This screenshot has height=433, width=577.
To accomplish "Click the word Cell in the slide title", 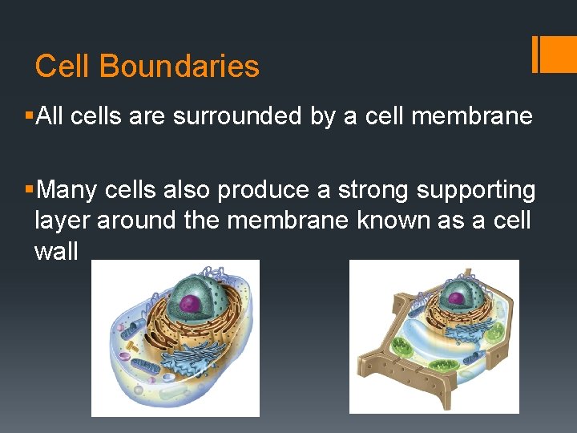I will pos(63,66).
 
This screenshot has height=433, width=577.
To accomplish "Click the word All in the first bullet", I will pos(50,116).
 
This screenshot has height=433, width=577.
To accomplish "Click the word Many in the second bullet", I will pos(66,190).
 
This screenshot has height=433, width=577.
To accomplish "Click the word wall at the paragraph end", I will pos(56,251).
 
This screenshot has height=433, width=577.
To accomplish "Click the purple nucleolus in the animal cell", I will pos(190,303).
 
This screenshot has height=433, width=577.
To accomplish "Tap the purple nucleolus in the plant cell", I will pos(456,298).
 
